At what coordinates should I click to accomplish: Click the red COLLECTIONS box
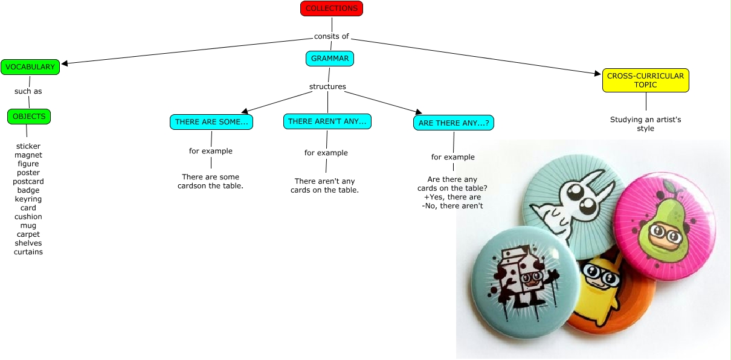(331, 8)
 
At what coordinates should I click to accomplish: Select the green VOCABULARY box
(30, 67)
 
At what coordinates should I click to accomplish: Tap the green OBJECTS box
(29, 117)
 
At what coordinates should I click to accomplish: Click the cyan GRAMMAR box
(330, 59)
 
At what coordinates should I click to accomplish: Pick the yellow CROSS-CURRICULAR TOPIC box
(645, 80)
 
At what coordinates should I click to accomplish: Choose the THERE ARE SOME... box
(211, 122)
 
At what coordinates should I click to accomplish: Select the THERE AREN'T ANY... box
(327, 121)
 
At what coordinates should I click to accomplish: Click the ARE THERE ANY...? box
(454, 123)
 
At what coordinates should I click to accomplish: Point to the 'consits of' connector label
(331, 36)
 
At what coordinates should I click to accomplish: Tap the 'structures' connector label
(327, 86)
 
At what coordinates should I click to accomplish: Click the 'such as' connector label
(28, 91)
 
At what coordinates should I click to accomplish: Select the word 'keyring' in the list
(28, 199)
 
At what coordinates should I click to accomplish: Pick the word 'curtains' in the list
(28, 252)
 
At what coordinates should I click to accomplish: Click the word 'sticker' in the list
(28, 146)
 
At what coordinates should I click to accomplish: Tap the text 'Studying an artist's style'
(645, 124)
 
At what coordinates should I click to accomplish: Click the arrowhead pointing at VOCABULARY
(63, 63)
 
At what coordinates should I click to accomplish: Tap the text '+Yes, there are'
(452, 197)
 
